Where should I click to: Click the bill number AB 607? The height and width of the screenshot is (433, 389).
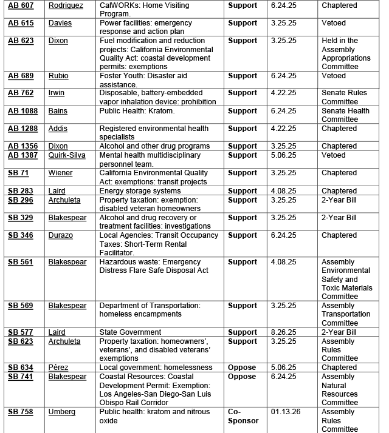tap(21, 5)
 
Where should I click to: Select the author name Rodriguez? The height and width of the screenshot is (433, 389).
tap(66, 5)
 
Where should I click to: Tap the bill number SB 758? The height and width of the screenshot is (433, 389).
tap(20, 412)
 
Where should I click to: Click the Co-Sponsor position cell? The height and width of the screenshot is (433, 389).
tap(243, 416)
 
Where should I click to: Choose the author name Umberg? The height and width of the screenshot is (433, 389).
tap(62, 412)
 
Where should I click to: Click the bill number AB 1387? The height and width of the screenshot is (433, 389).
tap(23, 155)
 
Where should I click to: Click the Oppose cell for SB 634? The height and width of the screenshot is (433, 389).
tap(242, 368)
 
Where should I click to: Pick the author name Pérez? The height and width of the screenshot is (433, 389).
tap(58, 368)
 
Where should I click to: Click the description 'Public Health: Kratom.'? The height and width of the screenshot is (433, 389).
tap(137, 111)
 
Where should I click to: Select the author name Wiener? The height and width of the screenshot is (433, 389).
tap(60, 173)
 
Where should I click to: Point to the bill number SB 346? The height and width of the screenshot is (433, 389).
tap(20, 235)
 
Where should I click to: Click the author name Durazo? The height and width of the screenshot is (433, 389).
tap(61, 235)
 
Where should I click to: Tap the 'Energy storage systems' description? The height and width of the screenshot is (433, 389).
tap(140, 191)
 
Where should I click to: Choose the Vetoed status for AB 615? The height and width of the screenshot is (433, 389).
tap(334, 23)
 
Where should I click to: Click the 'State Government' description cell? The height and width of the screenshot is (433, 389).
tap(130, 332)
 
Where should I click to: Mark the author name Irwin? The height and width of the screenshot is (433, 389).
tap(57, 93)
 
